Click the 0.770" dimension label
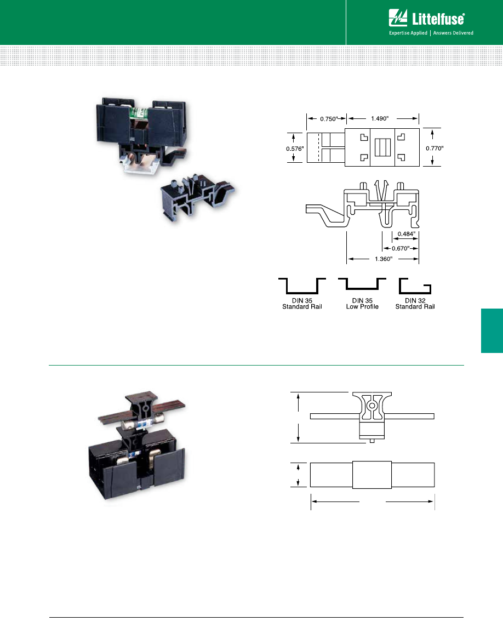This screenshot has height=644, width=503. point(435,147)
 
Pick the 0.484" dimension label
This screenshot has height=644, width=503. point(406,234)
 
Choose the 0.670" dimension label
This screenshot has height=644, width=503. point(401,247)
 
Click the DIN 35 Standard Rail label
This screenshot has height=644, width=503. point(302,304)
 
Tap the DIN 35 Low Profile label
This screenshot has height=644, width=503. point(362,304)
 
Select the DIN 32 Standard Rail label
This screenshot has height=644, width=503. point(415,304)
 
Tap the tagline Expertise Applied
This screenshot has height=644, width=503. point(408,33)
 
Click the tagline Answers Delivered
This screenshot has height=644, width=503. point(453,33)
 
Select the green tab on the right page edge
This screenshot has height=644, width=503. point(492,332)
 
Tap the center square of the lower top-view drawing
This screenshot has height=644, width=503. point(372,475)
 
